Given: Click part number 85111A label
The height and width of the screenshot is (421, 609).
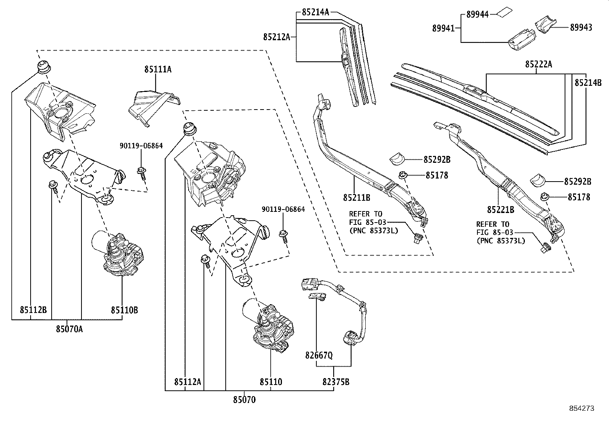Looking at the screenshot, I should click(x=158, y=70).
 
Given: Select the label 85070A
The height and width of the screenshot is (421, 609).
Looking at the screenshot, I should click(x=69, y=329).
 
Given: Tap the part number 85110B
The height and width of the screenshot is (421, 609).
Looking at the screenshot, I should click(x=125, y=310).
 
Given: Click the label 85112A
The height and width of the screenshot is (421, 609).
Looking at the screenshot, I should click(x=187, y=382).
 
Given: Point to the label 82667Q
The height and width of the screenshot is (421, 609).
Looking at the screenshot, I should click(x=319, y=355).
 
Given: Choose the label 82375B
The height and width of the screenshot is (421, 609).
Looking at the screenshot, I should click(x=336, y=382).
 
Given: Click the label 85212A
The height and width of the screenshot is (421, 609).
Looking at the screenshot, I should click(x=277, y=37).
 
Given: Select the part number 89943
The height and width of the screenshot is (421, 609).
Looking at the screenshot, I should click(x=581, y=27).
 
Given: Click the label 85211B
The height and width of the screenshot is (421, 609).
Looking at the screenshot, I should click(x=357, y=198).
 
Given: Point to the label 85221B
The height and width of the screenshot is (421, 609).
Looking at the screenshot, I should click(x=500, y=210).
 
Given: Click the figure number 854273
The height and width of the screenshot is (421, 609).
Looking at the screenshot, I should click(x=581, y=408).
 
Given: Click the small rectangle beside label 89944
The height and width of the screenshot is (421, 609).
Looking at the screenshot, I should click(x=503, y=13).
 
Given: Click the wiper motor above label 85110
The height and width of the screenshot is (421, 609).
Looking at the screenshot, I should click(x=268, y=322).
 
